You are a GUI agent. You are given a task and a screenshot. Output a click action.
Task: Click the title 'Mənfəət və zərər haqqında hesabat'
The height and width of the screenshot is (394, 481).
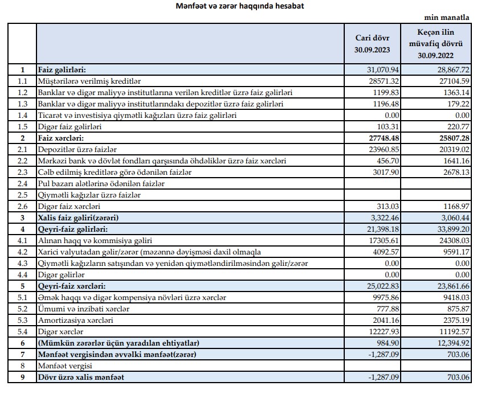[x=240, y=6]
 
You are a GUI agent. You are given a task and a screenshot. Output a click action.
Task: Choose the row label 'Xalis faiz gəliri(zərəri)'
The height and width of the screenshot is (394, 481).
[x=81, y=218]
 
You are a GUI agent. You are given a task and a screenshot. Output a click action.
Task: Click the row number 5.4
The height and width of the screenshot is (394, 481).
[x=23, y=332]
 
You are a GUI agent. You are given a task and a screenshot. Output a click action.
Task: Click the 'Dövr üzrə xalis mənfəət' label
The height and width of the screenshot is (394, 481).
[x=80, y=377]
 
